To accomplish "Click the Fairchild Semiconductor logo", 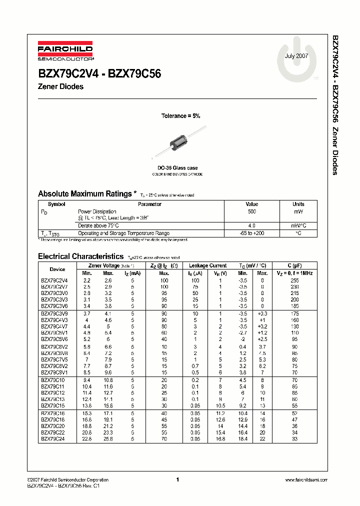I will [x=65, y=51].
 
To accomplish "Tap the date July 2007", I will [x=296, y=56].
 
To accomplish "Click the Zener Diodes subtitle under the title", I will [x=60, y=86].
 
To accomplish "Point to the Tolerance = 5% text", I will [x=180, y=116].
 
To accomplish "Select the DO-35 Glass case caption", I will [x=177, y=168].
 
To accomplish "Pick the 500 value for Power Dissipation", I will [x=251, y=211].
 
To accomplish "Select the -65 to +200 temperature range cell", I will [x=251, y=233].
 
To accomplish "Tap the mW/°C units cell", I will [x=298, y=225].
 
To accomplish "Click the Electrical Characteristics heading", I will [x=80, y=256].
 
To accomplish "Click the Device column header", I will [x=57, y=269].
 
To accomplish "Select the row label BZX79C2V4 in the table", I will [x=54, y=280].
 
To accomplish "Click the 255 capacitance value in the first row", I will [x=294, y=280].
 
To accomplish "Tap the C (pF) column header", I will [x=294, y=265].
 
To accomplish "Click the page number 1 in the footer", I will [x=177, y=480].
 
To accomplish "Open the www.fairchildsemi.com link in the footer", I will [x=305, y=480].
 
